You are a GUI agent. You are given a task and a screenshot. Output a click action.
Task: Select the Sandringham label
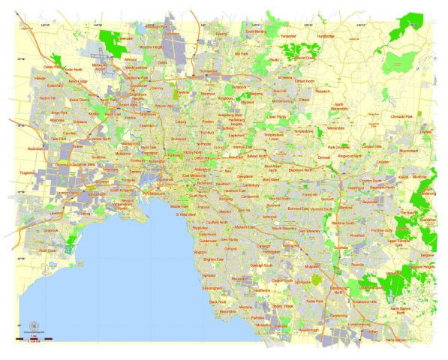tap(212, 287)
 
